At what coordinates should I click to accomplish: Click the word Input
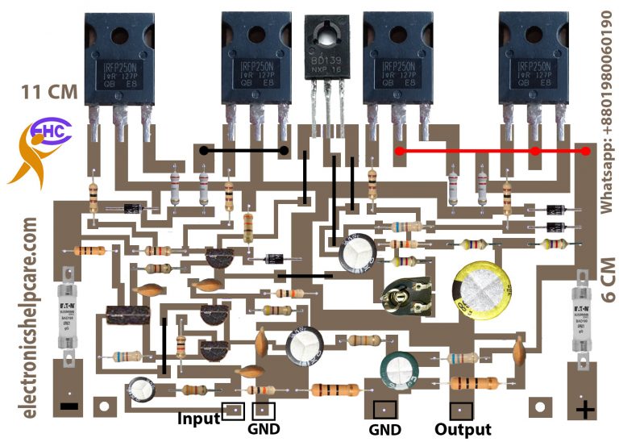coord(198,419)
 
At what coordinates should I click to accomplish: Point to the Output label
coord(463,429)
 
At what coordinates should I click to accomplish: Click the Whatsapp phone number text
coord(608,109)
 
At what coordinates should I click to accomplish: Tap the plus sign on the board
coord(585,410)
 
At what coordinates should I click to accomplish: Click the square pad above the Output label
coord(460,410)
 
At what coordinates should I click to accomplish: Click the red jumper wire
coord(493,150)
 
